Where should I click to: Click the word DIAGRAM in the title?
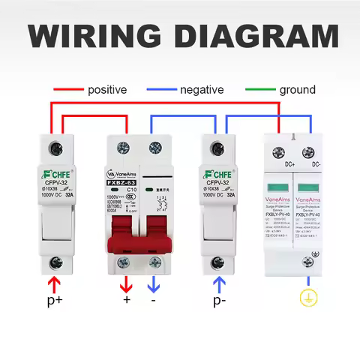259,36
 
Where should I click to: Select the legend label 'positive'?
107,90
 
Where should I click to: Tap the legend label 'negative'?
202,90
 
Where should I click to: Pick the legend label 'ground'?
298,90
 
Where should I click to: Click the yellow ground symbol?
305,298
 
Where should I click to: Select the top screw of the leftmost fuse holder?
55,147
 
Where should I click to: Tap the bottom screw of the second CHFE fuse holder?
218,262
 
